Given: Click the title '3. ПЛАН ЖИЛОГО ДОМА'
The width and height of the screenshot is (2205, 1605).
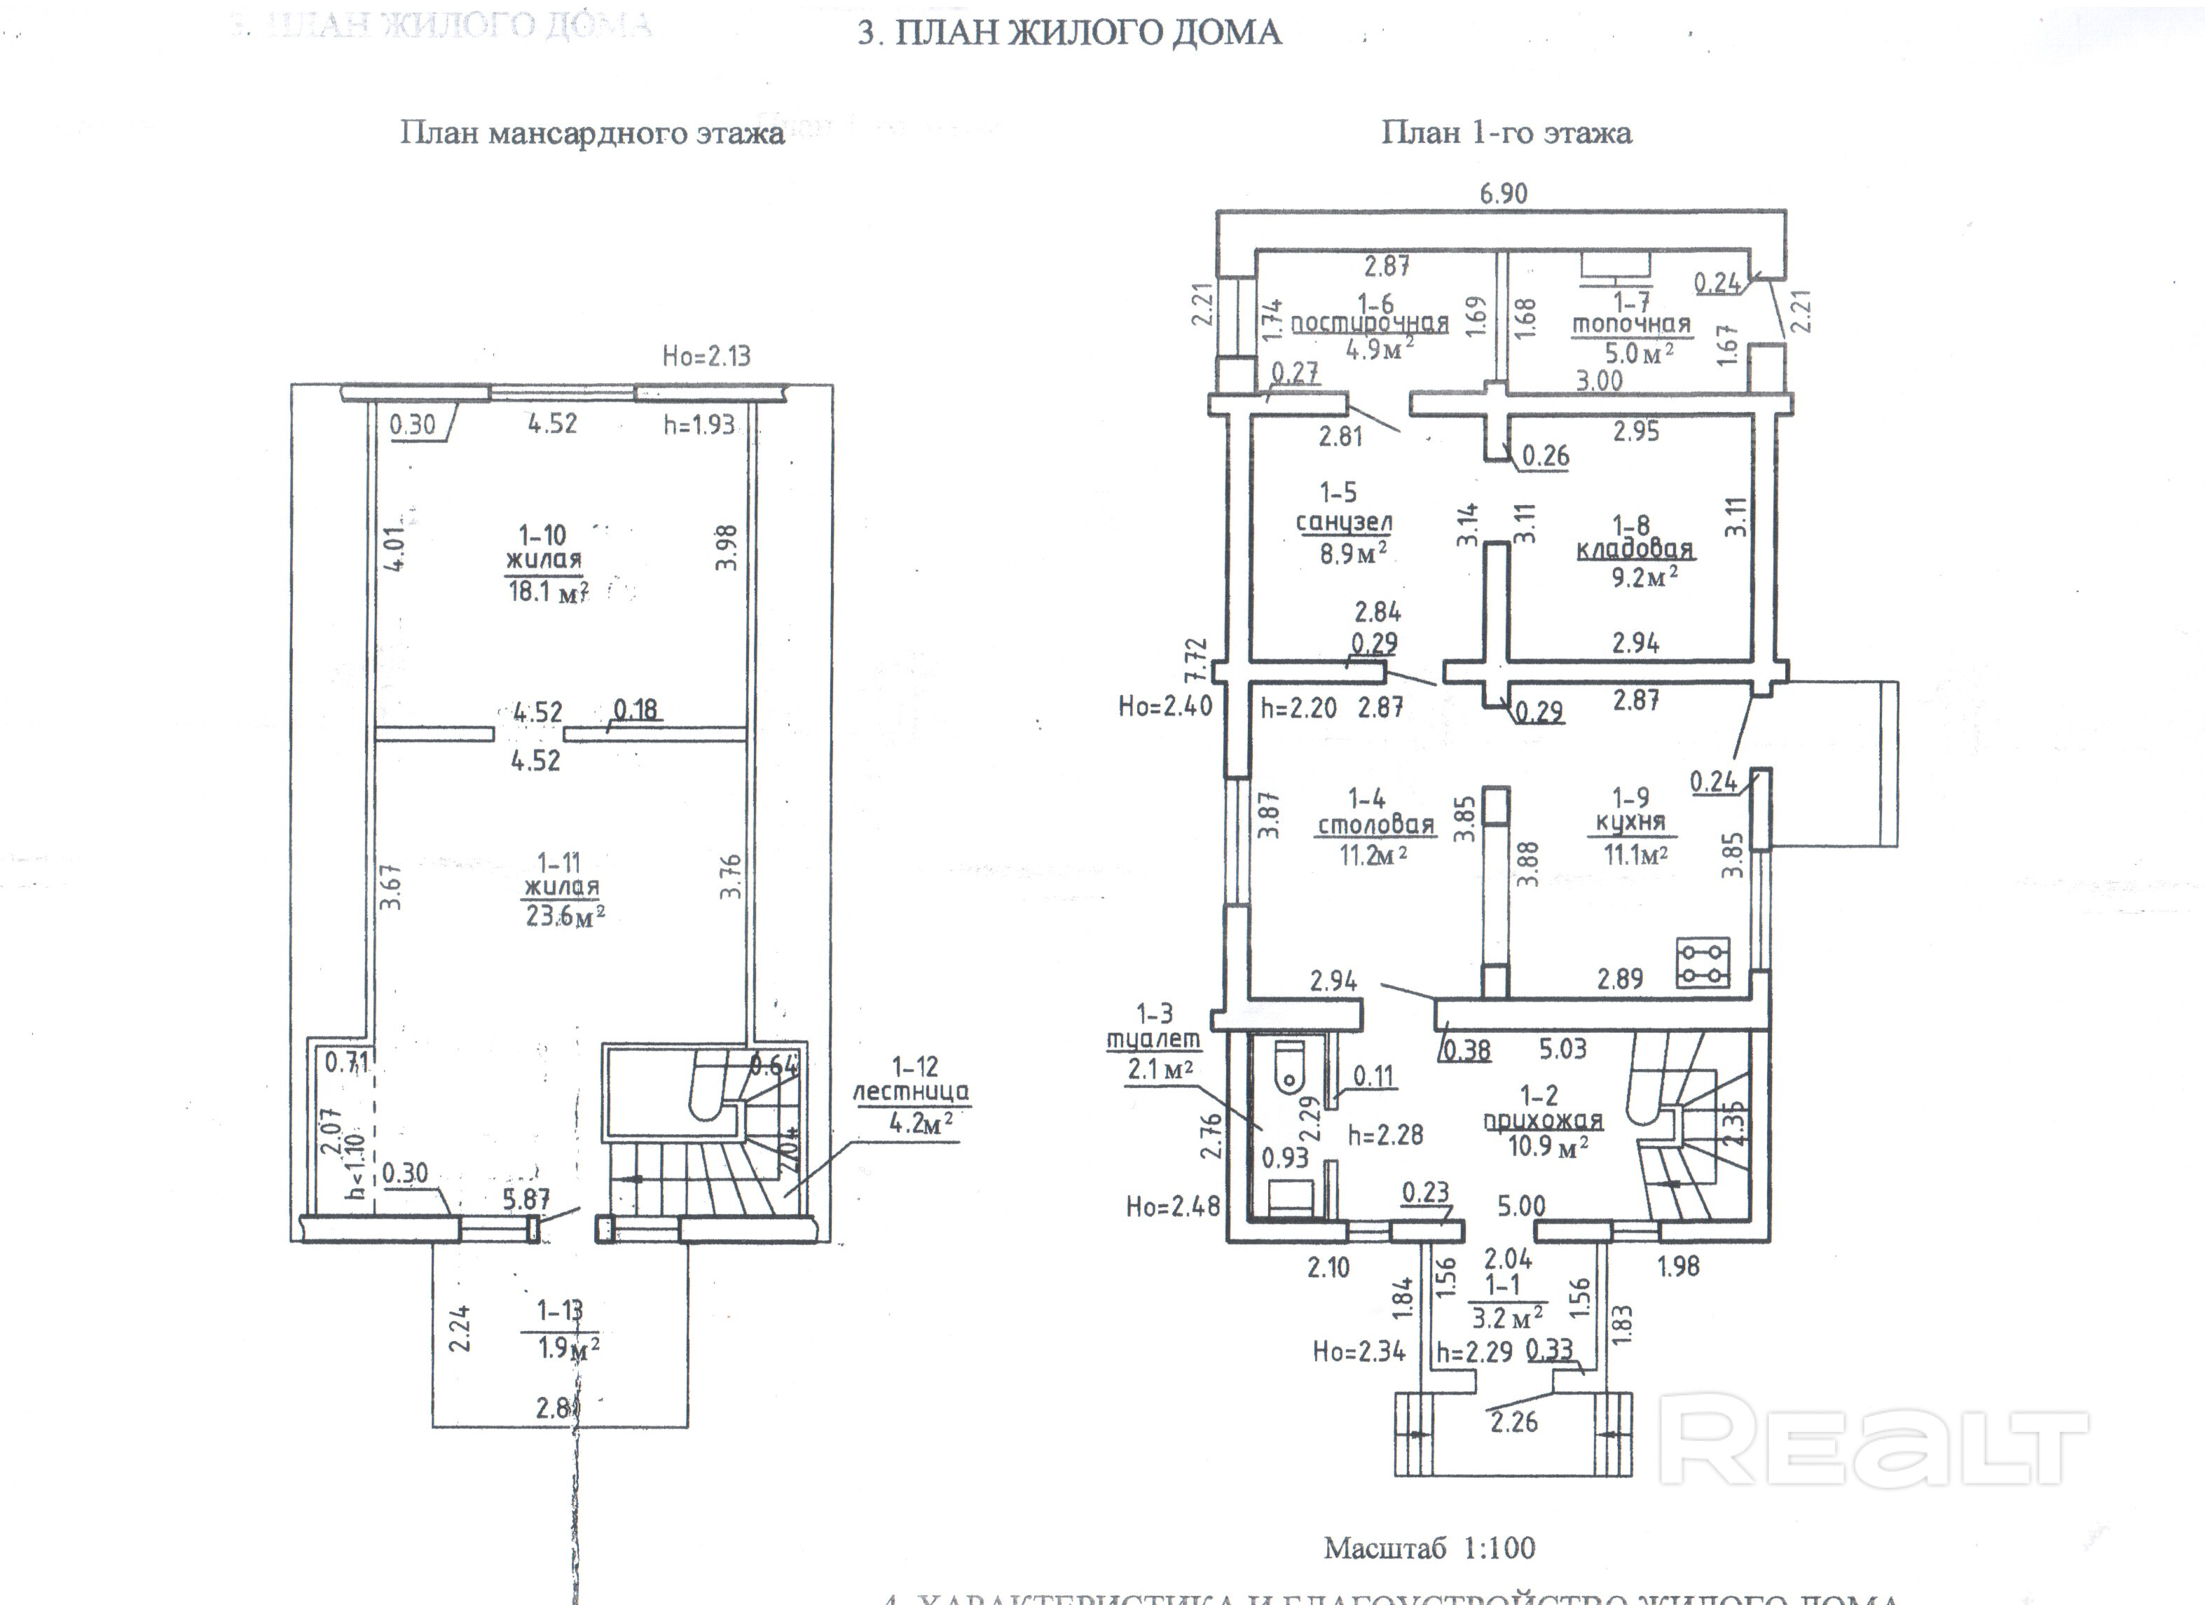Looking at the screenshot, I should coord(1069,33).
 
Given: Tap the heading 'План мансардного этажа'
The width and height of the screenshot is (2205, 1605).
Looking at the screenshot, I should coord(592,133).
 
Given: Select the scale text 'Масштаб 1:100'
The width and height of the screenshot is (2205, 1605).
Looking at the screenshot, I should coord(1429,1548).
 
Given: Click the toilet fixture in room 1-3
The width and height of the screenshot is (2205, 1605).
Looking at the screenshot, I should coord(1289,1063).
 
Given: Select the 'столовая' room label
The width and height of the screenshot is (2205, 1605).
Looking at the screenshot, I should coord(1375,825).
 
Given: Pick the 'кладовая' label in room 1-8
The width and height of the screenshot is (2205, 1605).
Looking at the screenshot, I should coord(1634,549).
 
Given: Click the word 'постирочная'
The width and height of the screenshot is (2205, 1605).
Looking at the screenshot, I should coord(1370,323).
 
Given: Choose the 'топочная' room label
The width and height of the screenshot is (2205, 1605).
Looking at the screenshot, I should coord(1631,324).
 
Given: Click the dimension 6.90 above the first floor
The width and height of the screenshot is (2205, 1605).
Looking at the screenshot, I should coord(1503,193).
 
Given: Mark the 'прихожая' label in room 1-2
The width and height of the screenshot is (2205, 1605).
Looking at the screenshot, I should coord(1543,1120).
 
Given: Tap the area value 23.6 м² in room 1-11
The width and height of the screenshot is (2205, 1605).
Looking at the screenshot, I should coord(565,916).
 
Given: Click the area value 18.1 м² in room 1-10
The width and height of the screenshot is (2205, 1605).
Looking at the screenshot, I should coord(547,591).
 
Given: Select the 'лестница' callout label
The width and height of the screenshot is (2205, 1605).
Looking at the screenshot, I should coord(911,1091).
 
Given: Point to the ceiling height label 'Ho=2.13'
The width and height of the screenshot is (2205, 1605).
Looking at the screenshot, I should coord(707,356).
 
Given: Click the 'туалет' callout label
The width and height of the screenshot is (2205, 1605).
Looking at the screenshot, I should coord(1154,1039).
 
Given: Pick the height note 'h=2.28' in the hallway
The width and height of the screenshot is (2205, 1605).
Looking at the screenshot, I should coord(1385,1134).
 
